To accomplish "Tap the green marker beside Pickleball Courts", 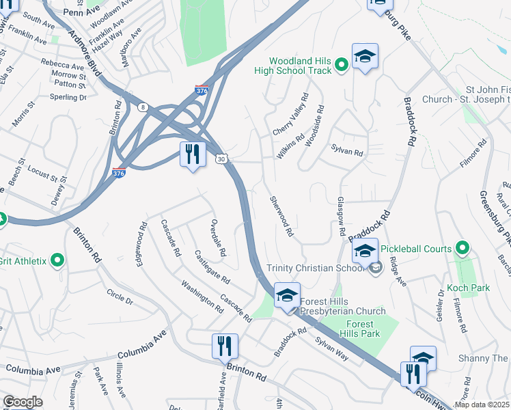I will coord(463,247).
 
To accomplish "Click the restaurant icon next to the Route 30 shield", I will coord(193,154).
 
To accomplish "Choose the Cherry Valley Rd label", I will coord(291,114).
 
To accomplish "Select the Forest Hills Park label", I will coord(359,329).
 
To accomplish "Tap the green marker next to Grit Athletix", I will coord(57,260).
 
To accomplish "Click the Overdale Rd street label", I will coord(218,238).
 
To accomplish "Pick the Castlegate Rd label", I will coord(212,268).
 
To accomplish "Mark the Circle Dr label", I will coord(120,298).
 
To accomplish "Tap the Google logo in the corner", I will coord(23,402).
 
